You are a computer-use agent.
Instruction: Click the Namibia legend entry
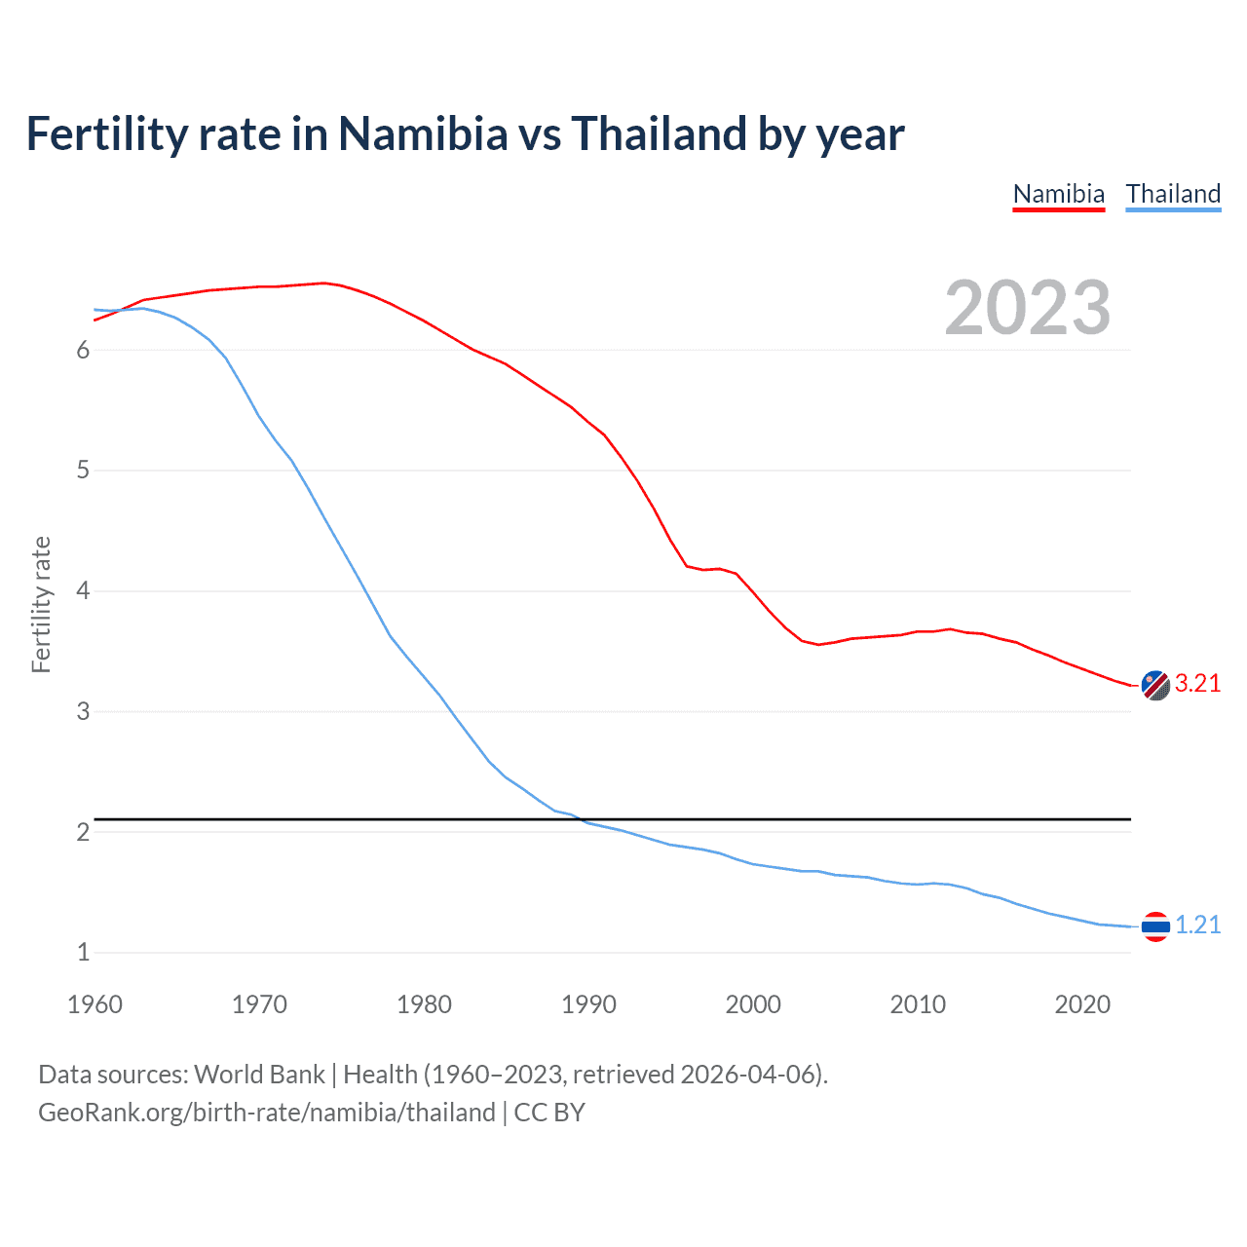tap(1059, 194)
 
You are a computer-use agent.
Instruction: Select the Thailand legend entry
tap(1173, 194)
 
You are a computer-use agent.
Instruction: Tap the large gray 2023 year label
tap(1028, 308)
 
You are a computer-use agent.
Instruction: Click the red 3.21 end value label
tap(1197, 684)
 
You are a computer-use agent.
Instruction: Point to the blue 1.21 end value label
tap(1197, 925)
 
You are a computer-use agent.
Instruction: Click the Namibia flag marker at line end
tap(1155, 685)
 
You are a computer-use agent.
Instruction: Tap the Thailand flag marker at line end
tap(1155, 926)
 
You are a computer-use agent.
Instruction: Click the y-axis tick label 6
tap(83, 351)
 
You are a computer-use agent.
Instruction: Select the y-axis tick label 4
tap(83, 591)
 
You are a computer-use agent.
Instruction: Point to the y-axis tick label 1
tap(83, 953)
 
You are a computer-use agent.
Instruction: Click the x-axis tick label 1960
tap(94, 1004)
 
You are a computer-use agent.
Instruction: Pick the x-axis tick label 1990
tap(588, 1004)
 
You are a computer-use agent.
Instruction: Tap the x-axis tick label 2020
tap(1082, 1004)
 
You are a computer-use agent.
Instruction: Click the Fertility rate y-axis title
tap(41, 604)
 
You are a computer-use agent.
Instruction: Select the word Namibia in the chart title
tap(423, 133)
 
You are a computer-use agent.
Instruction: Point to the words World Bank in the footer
tap(259, 1075)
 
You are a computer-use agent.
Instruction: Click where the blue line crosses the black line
tap(581, 819)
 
